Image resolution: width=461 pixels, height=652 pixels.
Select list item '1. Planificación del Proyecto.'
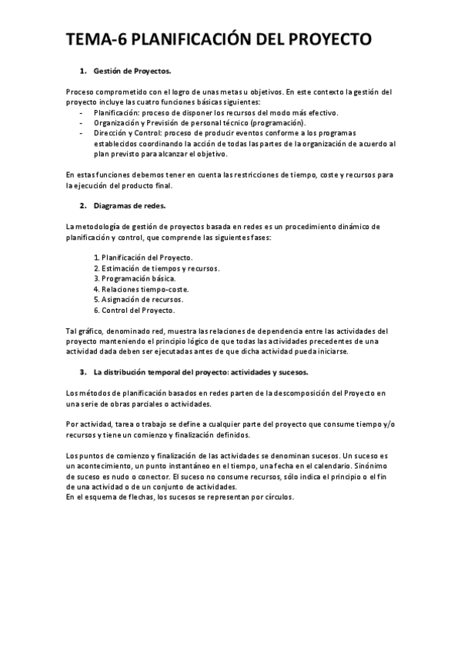(x=143, y=257)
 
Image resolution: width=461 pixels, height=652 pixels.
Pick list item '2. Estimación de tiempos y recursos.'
(x=156, y=268)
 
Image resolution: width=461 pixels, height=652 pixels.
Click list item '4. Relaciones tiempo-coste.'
(x=141, y=289)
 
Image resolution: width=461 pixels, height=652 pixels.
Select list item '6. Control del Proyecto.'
(x=134, y=311)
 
